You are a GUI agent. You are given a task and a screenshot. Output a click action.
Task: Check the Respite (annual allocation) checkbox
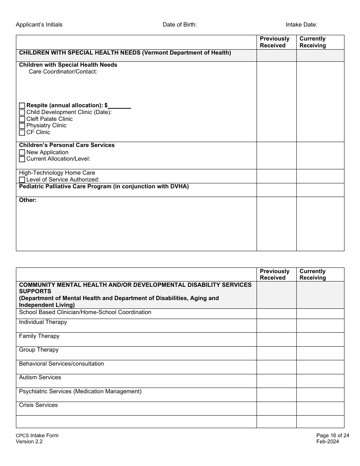(22, 106)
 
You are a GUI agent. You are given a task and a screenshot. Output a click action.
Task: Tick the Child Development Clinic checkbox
(22, 113)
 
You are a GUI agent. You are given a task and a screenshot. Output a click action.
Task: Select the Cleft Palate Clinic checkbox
(22, 119)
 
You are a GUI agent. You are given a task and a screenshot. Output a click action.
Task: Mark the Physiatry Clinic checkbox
(22, 126)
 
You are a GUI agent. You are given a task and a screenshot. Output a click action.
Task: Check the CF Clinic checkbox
(22, 133)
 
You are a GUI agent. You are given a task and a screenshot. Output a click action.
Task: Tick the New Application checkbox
(22, 153)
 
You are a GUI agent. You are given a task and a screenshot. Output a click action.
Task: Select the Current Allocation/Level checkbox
(22, 159)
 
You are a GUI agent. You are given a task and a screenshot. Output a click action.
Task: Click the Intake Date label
(302, 25)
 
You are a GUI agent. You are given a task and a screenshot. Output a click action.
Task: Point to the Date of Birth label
(180, 25)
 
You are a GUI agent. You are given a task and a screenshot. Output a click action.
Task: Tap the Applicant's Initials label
(39, 25)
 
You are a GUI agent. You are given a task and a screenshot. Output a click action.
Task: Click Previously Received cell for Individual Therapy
(276, 325)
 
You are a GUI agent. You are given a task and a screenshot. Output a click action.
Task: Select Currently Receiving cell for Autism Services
(320, 381)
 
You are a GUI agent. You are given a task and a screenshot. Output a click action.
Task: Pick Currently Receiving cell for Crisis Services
(320, 408)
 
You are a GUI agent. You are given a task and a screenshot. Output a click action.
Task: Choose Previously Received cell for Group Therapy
(276, 353)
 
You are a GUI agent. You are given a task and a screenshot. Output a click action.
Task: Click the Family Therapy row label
(39, 336)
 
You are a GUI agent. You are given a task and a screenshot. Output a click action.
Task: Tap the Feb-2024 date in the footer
(328, 441)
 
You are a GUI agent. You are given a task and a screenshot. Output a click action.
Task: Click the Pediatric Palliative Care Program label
(104, 186)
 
